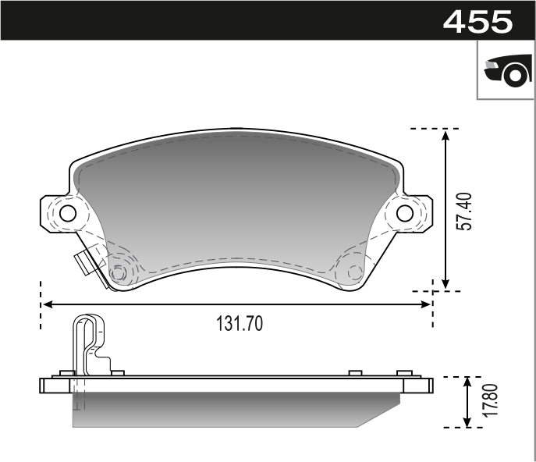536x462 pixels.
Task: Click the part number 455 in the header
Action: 477,20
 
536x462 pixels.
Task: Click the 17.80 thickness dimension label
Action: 488,401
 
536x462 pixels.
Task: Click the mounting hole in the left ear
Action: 67,213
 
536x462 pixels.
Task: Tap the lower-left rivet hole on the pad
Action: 119,273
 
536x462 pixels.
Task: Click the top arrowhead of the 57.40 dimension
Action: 445,135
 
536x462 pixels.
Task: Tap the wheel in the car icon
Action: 514,76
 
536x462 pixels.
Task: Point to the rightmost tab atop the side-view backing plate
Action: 403,373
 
